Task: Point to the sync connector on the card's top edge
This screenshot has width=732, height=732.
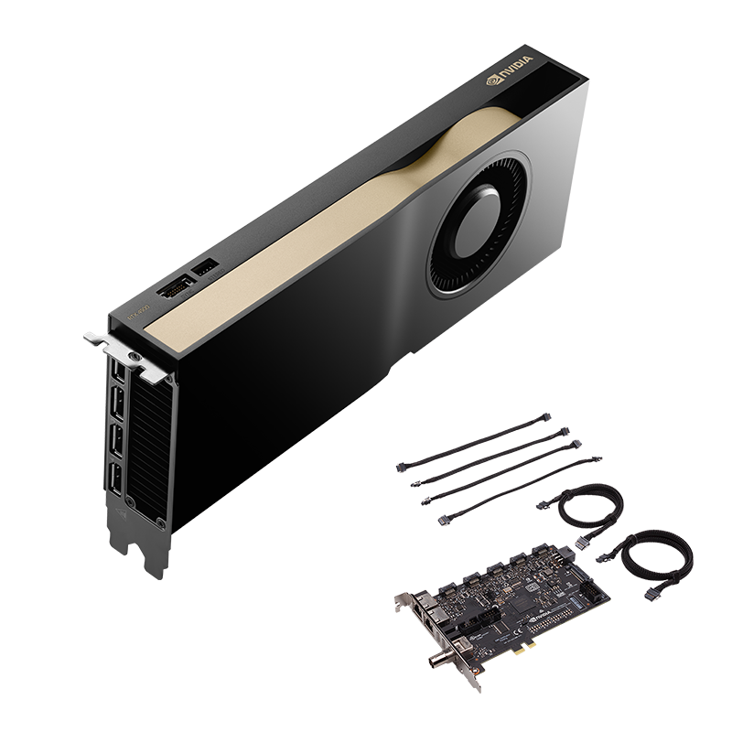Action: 174,289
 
